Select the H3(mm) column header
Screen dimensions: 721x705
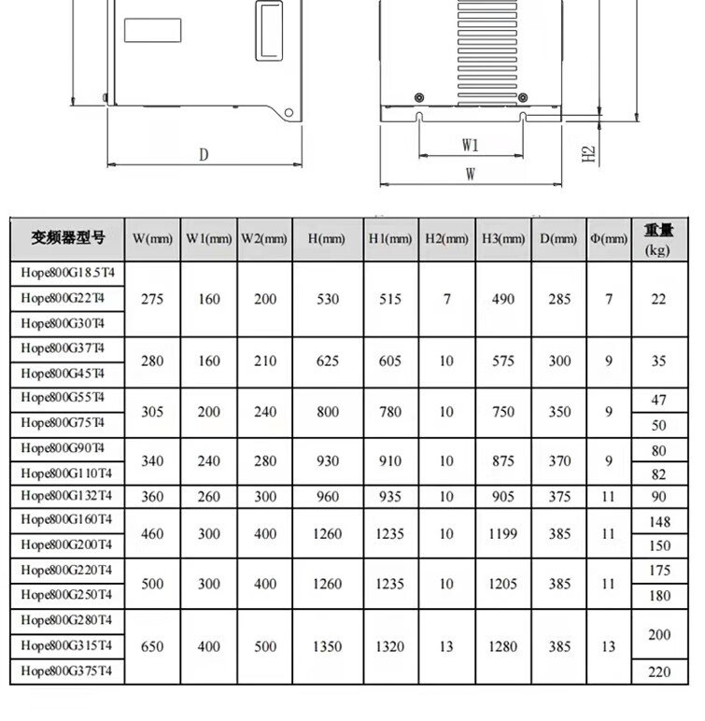click(503, 239)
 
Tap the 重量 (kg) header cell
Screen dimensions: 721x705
click(658, 239)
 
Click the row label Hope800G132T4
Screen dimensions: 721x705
click(66, 496)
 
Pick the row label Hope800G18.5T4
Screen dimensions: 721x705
click(66, 274)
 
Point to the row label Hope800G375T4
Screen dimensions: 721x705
click(66, 671)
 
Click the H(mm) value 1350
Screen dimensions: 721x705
click(327, 646)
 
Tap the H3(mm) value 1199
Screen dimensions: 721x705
click(503, 534)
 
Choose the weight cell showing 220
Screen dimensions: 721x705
click(658, 671)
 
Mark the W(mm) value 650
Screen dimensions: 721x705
click(152, 646)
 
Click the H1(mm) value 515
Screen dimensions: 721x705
click(390, 300)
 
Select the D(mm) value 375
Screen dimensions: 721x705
click(559, 497)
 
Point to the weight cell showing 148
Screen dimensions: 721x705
click(658, 520)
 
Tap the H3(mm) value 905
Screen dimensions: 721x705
click(503, 497)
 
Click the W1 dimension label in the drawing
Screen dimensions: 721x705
click(470, 145)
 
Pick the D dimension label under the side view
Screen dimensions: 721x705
click(204, 155)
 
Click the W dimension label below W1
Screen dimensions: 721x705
click(471, 174)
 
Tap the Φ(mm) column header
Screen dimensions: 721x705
click(609, 239)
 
